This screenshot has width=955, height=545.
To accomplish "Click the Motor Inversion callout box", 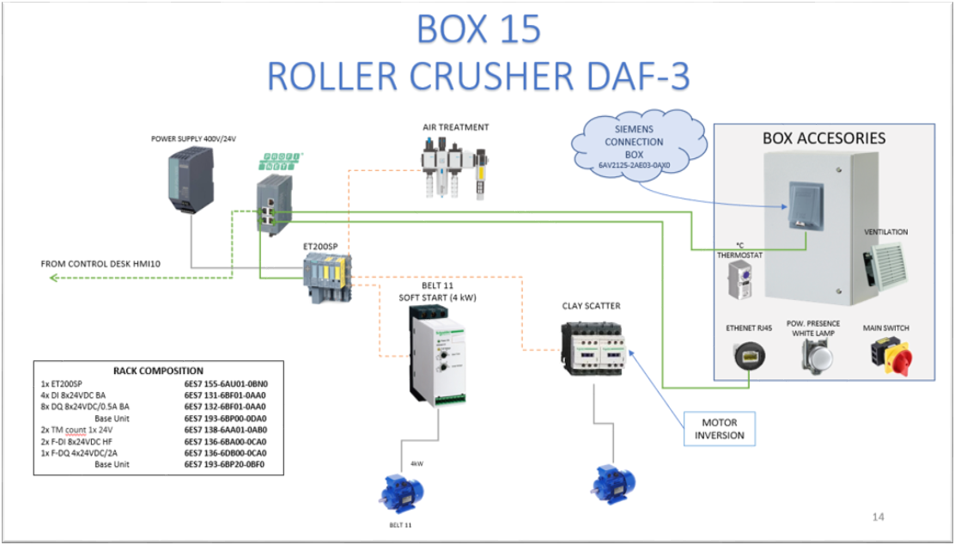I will click(x=720, y=428).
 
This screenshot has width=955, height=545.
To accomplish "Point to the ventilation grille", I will click(x=885, y=263).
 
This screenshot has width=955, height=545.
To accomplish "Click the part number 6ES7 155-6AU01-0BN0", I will click(x=226, y=383).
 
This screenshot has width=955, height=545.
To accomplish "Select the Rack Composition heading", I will click(x=158, y=370).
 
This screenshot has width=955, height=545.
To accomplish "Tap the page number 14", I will click(x=878, y=517).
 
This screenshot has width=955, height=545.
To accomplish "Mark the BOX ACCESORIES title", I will click(x=824, y=138).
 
